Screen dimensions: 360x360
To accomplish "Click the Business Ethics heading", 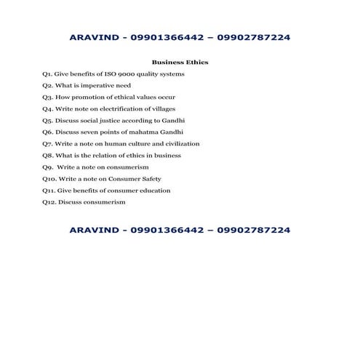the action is [x=180, y=63].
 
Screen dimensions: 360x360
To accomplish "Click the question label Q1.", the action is [x=47, y=74].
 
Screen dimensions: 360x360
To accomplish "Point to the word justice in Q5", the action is [x=111, y=121].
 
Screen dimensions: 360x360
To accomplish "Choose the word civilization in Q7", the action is [x=179, y=144].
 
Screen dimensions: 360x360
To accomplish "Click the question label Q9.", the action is [x=47, y=167].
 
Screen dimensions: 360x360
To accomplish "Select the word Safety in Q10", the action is [x=148, y=179].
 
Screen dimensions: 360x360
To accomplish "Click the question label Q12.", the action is [x=49, y=202].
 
